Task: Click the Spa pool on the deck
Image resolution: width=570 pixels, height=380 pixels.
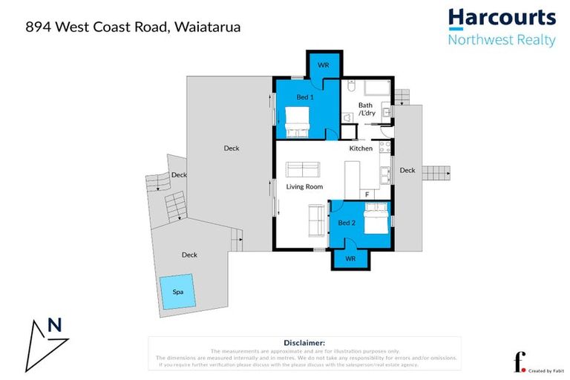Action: (178, 291)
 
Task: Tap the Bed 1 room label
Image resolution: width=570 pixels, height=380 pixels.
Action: (305, 97)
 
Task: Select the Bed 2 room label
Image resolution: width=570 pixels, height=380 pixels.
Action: (347, 223)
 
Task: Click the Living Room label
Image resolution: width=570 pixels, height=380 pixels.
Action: (305, 186)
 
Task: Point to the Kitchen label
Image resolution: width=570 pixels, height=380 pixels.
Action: (361, 148)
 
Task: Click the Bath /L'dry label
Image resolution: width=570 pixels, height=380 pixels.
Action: (366, 109)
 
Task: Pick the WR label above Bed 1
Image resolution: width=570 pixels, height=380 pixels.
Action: (323, 65)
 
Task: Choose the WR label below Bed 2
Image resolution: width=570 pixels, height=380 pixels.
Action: (351, 259)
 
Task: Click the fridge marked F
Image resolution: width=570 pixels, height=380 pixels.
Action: (367, 194)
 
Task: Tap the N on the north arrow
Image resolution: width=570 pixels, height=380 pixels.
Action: (53, 324)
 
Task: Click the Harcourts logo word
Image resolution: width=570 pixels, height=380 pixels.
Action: (502, 18)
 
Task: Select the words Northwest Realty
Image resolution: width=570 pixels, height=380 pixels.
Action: (502, 39)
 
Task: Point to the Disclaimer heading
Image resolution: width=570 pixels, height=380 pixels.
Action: (305, 342)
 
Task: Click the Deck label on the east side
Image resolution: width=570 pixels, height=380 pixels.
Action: (407, 170)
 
